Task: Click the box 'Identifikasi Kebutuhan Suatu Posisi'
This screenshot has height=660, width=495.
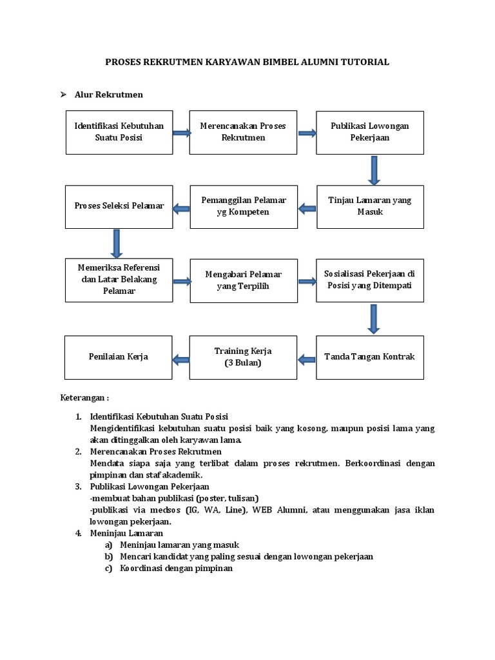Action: [119, 132]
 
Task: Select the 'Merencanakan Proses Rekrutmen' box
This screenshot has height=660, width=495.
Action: [243, 132]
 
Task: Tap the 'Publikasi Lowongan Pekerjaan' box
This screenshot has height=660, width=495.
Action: [369, 132]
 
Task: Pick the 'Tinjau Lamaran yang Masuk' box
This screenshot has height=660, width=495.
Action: [369, 206]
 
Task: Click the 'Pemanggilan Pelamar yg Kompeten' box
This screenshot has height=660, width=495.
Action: [243, 206]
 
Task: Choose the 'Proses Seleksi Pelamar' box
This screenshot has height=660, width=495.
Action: [119, 206]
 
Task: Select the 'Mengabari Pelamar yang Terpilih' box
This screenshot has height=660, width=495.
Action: [243, 280]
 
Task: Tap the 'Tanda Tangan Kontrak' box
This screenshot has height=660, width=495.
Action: [369, 356]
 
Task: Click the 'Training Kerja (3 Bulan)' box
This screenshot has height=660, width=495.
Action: [243, 356]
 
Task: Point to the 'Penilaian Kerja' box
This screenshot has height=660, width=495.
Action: [119, 356]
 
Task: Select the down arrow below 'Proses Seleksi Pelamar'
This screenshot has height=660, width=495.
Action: [117, 244]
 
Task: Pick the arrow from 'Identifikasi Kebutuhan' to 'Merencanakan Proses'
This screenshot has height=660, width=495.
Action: [181, 133]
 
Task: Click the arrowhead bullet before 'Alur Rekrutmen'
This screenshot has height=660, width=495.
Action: [64, 95]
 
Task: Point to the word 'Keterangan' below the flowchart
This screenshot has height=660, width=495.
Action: [82, 398]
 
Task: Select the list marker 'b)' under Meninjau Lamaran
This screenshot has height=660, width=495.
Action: [108, 556]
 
